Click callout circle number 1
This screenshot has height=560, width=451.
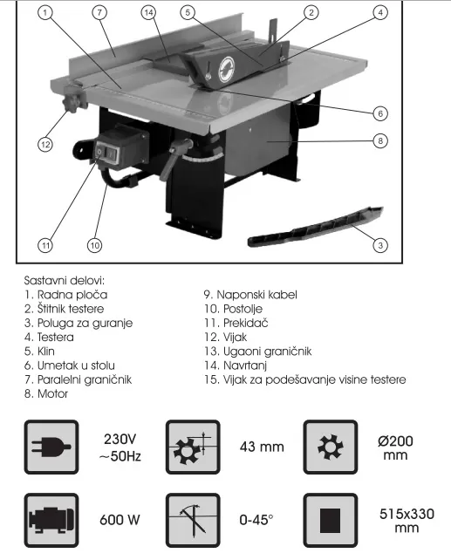tap(44, 13)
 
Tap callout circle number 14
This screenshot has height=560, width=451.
tap(148, 13)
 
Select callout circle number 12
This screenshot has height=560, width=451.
tap(45, 145)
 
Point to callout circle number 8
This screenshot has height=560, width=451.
tap(380, 140)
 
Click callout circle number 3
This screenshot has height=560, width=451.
tap(380, 245)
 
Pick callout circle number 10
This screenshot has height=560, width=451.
tap(94, 245)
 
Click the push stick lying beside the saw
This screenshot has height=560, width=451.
tap(315, 226)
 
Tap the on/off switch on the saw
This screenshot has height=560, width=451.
tap(106, 154)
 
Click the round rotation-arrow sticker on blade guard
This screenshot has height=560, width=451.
tap(226, 69)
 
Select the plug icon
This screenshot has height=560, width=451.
tap(51, 447)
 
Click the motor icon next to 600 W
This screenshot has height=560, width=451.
tap(51, 520)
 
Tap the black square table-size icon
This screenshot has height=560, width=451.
tap(331, 520)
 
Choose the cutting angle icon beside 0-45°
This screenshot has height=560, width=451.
tap(193, 520)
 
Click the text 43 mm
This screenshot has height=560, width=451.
tap(262, 447)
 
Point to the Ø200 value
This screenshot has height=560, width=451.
tap(395, 441)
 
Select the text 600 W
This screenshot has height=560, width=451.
tap(120, 520)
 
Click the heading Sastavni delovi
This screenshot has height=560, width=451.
tap(65, 280)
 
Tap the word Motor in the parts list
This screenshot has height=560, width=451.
tap(52, 394)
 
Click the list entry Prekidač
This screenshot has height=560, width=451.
tap(246, 323)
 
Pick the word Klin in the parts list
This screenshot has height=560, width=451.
tap(46, 351)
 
